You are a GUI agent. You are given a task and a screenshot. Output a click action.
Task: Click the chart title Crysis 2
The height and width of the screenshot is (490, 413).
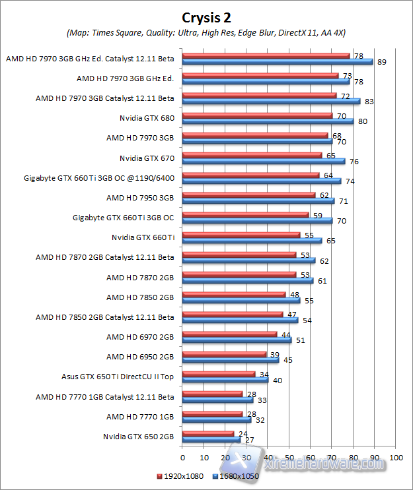[x=206, y=16]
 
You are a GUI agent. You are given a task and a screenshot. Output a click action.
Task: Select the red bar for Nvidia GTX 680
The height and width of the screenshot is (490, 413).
[x=257, y=116]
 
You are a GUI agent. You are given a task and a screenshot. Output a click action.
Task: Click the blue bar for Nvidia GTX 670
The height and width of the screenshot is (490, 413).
[x=263, y=161]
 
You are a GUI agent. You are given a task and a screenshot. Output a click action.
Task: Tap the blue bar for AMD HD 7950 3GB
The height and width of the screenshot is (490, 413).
[x=258, y=201]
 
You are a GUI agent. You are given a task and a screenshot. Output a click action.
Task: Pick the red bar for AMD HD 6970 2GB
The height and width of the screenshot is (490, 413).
[x=229, y=334]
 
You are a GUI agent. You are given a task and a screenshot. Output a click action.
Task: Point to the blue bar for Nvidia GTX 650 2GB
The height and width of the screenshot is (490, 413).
[x=211, y=439]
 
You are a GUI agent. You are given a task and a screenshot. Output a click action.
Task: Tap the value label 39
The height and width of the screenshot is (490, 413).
[x=274, y=355]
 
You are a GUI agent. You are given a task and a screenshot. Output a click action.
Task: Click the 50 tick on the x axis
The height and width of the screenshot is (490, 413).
[x=289, y=457]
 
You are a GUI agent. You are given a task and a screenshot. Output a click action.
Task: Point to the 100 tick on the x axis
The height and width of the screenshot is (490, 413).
[x=396, y=457]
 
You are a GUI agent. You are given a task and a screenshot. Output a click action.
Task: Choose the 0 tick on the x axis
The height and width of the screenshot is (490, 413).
[x=182, y=457]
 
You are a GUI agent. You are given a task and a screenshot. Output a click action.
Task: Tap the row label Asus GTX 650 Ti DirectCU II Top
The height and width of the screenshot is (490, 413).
[x=118, y=377]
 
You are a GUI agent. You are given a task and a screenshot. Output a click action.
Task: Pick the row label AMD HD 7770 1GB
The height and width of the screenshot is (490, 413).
[x=140, y=417]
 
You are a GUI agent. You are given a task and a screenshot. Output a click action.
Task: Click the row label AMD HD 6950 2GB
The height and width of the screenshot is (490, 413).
[x=140, y=357]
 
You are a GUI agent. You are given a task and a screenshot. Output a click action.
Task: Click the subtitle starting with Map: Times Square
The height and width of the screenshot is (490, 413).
[x=206, y=32]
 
